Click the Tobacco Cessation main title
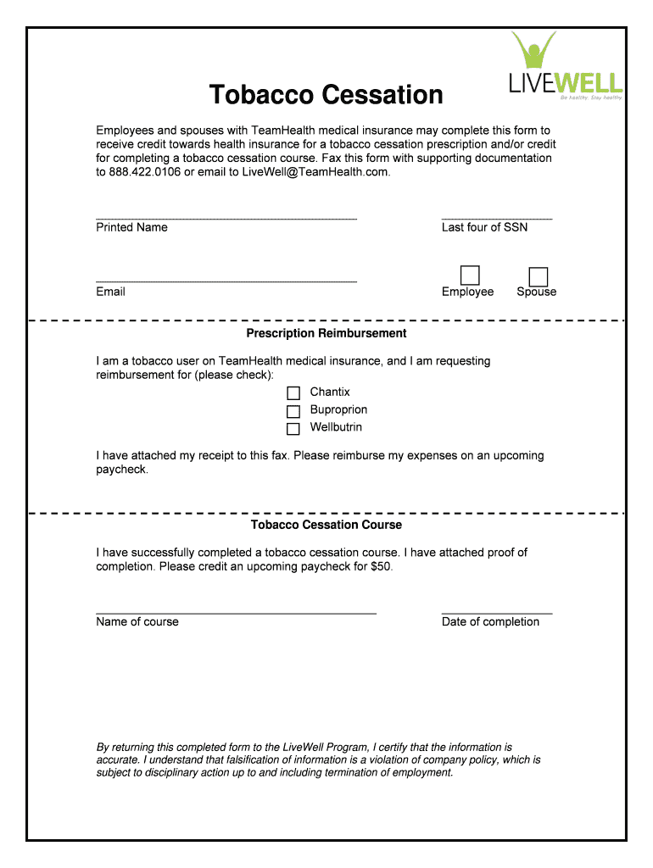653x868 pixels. click(326, 94)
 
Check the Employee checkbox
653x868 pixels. click(469, 275)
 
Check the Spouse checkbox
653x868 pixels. click(538, 277)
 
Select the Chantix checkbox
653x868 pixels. click(293, 393)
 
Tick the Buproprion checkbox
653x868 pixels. click(293, 411)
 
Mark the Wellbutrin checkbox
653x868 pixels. click(293, 429)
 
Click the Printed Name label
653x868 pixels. click(131, 227)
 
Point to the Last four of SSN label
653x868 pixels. click(484, 227)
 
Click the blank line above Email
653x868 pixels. click(226, 280)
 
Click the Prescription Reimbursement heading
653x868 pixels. click(326, 333)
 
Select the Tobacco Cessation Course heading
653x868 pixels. click(326, 525)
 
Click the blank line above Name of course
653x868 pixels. click(236, 610)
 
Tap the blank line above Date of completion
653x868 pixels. click(497, 610)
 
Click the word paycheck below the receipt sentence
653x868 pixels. click(121, 470)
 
